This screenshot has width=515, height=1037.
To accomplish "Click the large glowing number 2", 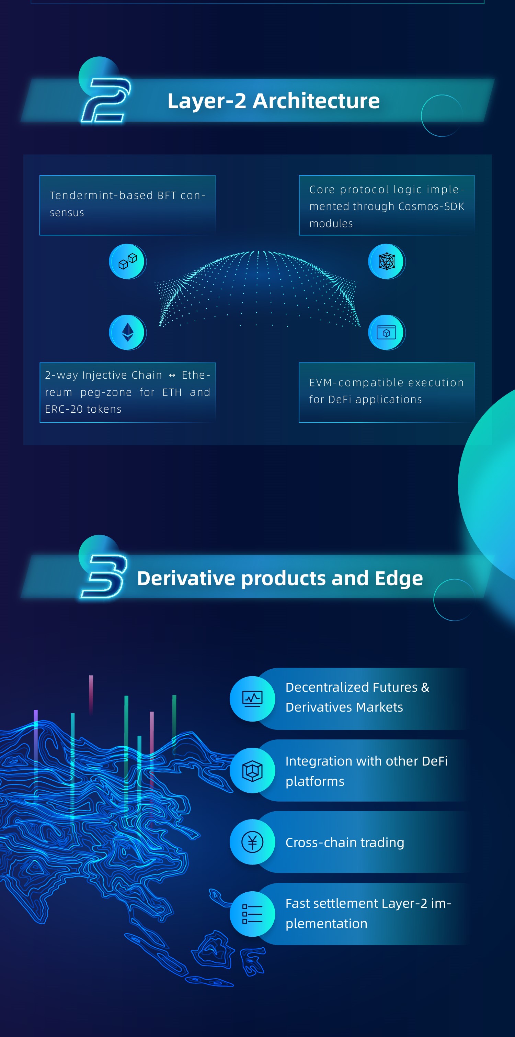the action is pyautogui.click(x=106, y=100).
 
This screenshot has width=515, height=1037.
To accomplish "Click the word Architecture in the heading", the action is pyautogui.click(x=316, y=101).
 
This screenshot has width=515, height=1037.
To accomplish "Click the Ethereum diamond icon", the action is pyautogui.click(x=127, y=333).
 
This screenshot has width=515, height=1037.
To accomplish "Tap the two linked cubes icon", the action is pyautogui.click(x=127, y=261).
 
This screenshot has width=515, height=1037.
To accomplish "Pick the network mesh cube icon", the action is pyautogui.click(x=387, y=261).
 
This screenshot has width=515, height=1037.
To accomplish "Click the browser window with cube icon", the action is pyautogui.click(x=387, y=333).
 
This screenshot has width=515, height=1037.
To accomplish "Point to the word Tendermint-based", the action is pyautogui.click(x=101, y=195).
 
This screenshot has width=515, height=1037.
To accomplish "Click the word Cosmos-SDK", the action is pyautogui.click(x=431, y=206).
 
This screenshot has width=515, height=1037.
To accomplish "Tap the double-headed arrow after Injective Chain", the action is pyautogui.click(x=172, y=375).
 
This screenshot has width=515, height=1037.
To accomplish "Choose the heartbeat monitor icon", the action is pyautogui.click(x=252, y=699).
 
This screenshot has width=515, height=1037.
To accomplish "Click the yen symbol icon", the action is pyautogui.click(x=252, y=842).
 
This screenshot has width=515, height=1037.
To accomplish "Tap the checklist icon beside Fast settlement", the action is pyautogui.click(x=252, y=914).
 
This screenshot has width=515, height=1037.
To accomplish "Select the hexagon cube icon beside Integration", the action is pyautogui.click(x=252, y=770).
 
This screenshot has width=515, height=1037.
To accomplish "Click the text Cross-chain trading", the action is pyautogui.click(x=345, y=842).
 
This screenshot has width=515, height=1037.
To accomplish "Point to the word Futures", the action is pyautogui.click(x=396, y=687).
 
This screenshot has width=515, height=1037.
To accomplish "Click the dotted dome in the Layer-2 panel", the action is pyautogui.click(x=257, y=288).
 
